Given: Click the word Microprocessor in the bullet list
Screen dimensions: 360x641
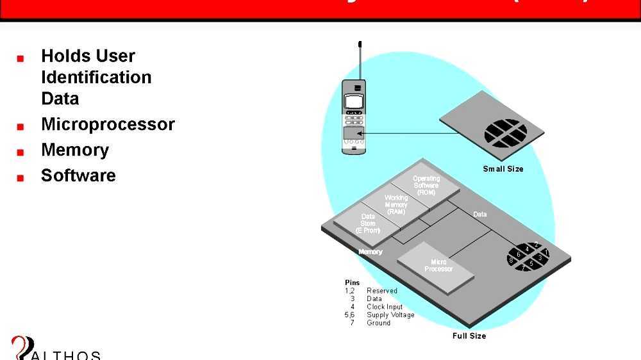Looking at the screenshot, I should point(108,124).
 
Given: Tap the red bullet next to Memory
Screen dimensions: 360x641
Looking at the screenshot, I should point(21,152).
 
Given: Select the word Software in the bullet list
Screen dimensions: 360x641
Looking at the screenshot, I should point(78,176).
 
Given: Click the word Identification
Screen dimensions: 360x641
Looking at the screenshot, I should point(96,78).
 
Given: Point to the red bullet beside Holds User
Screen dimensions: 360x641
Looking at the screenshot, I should point(21,58).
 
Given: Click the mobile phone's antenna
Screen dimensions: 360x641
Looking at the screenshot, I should point(360,61).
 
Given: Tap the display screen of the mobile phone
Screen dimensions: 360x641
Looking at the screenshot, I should point(354,101).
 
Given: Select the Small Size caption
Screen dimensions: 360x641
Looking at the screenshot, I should point(503,169).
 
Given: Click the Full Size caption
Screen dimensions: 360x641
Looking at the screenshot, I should point(469,336).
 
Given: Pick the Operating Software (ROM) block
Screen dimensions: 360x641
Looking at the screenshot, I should point(426,186).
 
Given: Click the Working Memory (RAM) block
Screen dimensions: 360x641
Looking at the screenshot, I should point(396,205).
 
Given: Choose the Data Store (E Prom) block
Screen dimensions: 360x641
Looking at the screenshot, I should point(368,224).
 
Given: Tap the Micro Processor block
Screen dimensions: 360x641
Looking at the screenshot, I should point(438,266).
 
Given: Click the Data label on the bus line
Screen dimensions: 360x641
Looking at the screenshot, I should point(479,214).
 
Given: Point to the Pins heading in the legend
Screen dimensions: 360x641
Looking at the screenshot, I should point(352,282).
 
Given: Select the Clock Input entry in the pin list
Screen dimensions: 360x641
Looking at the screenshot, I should point(385,307).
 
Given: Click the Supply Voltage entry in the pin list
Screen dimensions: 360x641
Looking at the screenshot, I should point(390,315).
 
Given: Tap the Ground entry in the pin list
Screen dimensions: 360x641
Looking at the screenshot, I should point(378,323).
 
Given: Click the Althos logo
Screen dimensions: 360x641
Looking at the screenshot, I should point(54,349).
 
